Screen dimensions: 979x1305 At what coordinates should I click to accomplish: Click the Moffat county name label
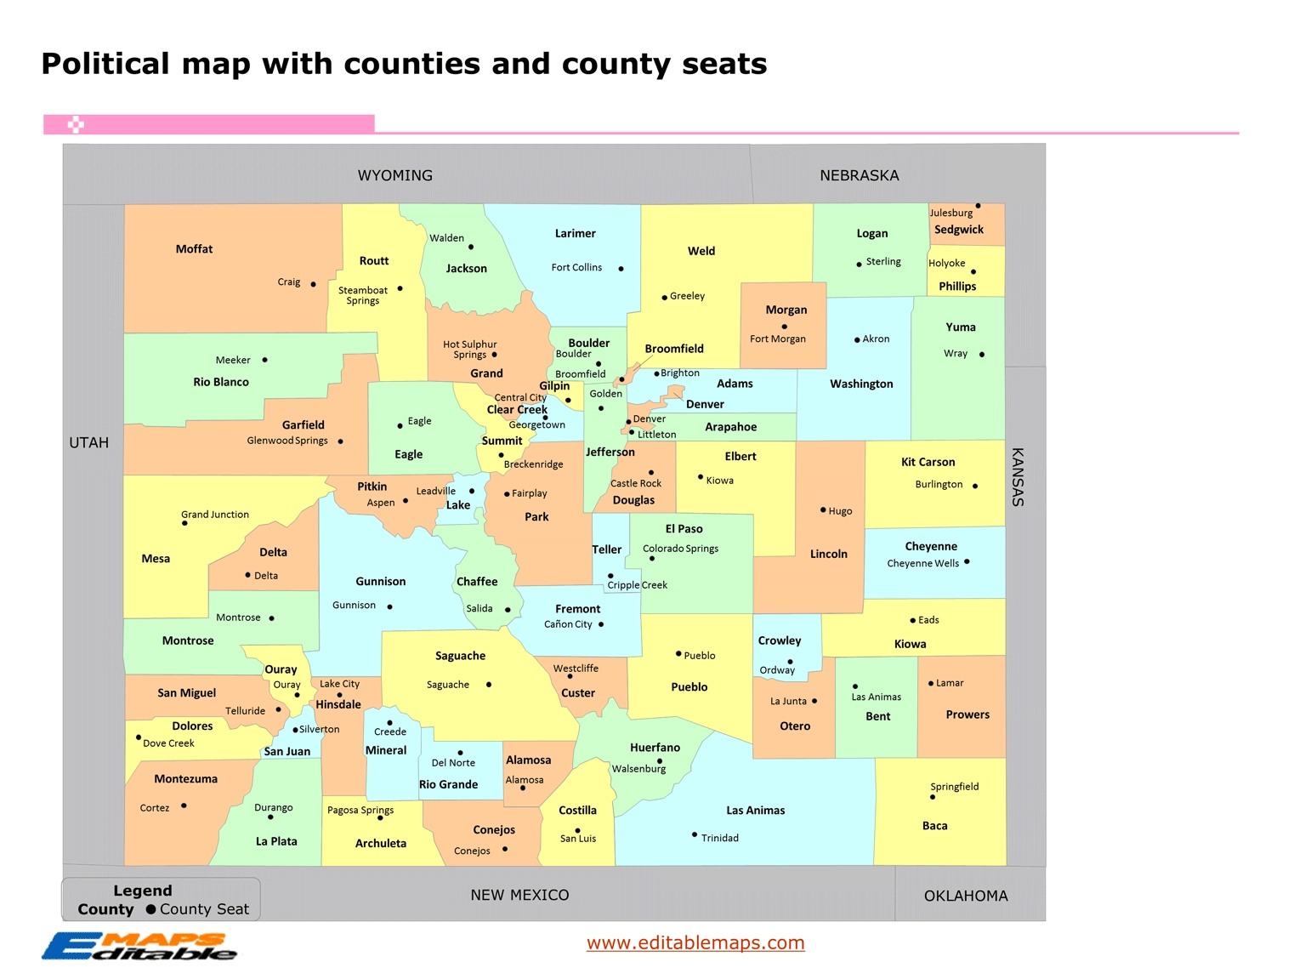point(194,249)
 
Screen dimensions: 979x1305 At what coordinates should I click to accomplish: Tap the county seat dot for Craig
point(313,284)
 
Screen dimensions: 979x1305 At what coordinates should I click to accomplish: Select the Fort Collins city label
point(576,268)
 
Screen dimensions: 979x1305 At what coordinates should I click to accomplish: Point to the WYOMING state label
point(394,176)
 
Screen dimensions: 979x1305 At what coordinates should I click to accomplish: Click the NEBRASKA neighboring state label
point(859,176)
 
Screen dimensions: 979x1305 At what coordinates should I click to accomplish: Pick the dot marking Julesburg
point(978,206)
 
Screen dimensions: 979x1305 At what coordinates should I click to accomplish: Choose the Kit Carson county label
point(928,463)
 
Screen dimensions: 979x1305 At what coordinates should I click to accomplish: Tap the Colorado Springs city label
point(680,549)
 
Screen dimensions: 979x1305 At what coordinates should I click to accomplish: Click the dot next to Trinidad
point(695,834)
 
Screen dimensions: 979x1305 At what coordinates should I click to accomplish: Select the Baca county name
point(934,826)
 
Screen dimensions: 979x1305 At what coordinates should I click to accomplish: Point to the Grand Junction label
point(215,515)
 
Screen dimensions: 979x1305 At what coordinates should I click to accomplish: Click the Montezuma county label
point(185,779)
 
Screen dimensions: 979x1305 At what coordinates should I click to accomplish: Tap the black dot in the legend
point(151,909)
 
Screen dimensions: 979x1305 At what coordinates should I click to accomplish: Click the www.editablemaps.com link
point(695,942)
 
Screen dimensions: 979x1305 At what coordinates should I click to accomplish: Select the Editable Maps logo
point(139,947)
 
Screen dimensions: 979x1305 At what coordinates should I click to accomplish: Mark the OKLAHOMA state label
point(966,896)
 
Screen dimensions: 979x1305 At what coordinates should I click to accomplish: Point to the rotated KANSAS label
point(1017,477)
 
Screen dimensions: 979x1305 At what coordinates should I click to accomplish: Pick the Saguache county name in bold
point(460,657)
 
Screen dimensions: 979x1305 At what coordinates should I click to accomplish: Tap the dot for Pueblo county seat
point(678,654)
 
